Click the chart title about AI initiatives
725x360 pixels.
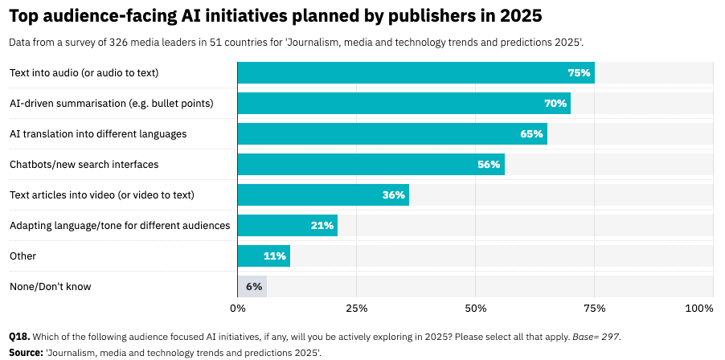click(275, 16)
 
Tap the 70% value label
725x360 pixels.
click(555, 103)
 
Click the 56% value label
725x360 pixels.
click(489, 164)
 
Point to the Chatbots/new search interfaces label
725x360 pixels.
click(84, 164)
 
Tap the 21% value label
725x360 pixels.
click(322, 225)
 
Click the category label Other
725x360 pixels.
click(23, 256)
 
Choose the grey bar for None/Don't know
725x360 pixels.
click(252, 286)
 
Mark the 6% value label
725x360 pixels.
click(254, 286)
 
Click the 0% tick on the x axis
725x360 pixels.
click(238, 309)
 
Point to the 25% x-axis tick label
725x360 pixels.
click(357, 309)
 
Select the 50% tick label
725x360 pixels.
click(476, 309)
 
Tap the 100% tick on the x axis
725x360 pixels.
click(698, 309)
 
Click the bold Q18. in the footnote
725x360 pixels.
click(19, 337)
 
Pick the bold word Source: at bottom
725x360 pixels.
click(26, 352)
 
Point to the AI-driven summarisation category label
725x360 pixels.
click(111, 103)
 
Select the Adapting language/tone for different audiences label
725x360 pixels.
click(120, 225)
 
